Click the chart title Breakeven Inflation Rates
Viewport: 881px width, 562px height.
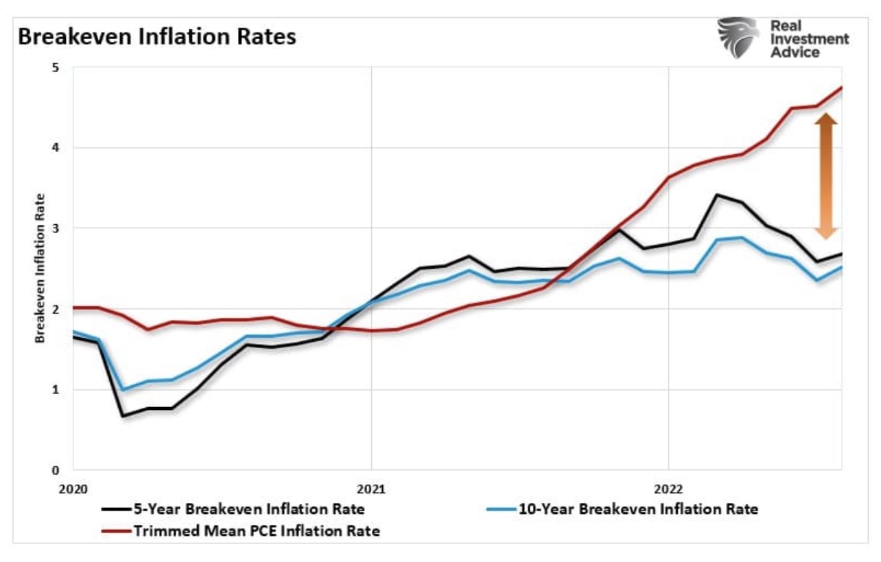click(157, 37)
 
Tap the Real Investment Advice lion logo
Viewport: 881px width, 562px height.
click(738, 38)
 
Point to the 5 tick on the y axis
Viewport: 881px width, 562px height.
click(56, 68)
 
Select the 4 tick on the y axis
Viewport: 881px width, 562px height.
click(56, 148)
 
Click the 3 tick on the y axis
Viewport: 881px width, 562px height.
click(56, 228)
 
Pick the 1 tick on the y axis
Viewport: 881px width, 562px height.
click(56, 389)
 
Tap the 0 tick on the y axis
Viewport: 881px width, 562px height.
click(56, 470)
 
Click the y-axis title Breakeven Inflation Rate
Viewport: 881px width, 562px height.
click(40, 268)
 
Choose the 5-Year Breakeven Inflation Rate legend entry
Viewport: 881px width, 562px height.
click(233, 509)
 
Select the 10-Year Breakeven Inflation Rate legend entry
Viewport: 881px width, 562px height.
click(621, 509)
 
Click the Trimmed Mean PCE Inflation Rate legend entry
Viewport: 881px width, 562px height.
click(240, 530)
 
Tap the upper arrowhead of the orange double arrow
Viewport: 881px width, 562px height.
click(826, 119)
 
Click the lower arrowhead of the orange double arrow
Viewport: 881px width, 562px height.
click(826, 233)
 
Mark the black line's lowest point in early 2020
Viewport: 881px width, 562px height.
click(124, 416)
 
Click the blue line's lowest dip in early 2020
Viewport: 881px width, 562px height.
click(124, 390)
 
